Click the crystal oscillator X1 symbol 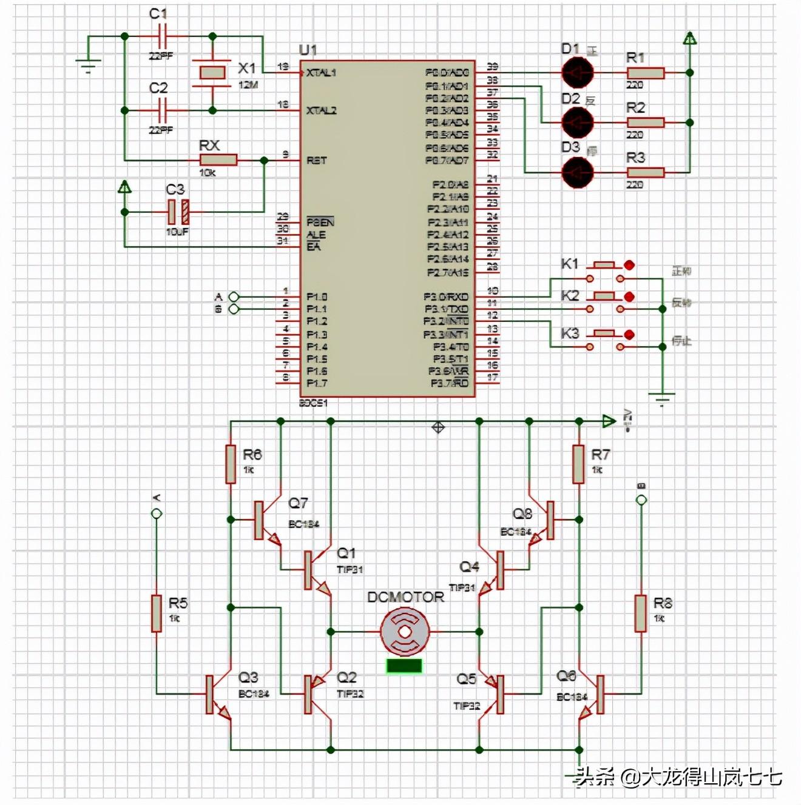(212, 73)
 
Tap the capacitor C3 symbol (178, 212)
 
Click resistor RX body (218, 160)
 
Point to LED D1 (576, 73)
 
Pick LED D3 (576, 173)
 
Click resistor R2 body (646, 122)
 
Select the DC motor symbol (405, 632)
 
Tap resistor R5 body (157, 613)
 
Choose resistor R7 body (579, 464)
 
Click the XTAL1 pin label (321, 73)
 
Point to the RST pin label (317, 161)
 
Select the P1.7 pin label (317, 383)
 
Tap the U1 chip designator (308, 50)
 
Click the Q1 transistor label (346, 553)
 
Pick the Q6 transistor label (566, 675)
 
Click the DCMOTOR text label (405, 597)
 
